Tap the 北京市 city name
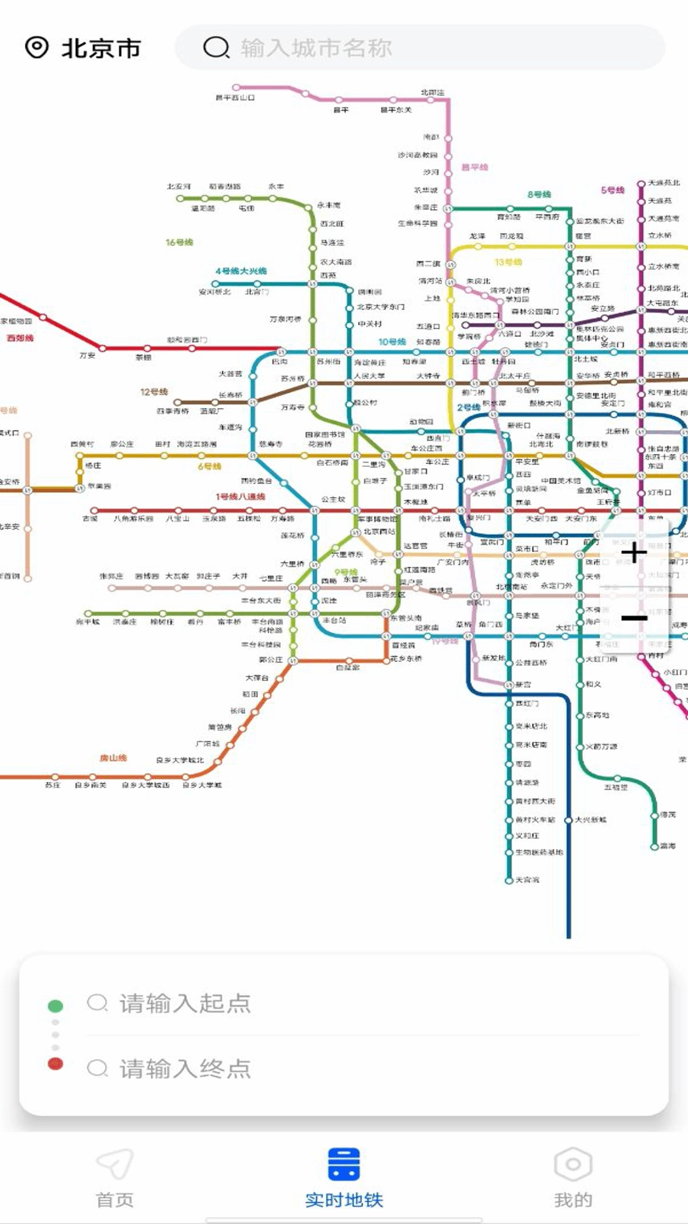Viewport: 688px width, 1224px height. tap(101, 48)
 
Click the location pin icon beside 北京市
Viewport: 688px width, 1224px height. tap(37, 47)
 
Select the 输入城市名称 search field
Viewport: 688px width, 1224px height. tap(420, 48)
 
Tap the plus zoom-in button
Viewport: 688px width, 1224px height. tap(634, 553)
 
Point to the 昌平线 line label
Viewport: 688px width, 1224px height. tap(475, 167)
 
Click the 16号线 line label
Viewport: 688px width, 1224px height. tap(179, 242)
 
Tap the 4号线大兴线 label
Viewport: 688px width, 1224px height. tap(241, 271)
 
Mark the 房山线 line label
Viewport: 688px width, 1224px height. tap(113, 758)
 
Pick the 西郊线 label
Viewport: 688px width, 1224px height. tap(20, 338)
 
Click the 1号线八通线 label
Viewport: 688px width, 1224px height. tap(240, 497)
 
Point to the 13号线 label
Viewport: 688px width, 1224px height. tap(508, 262)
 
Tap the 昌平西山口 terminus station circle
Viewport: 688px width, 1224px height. tap(236, 87)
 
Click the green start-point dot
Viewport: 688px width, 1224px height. tap(55, 1006)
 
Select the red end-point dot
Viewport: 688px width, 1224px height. tap(55, 1063)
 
